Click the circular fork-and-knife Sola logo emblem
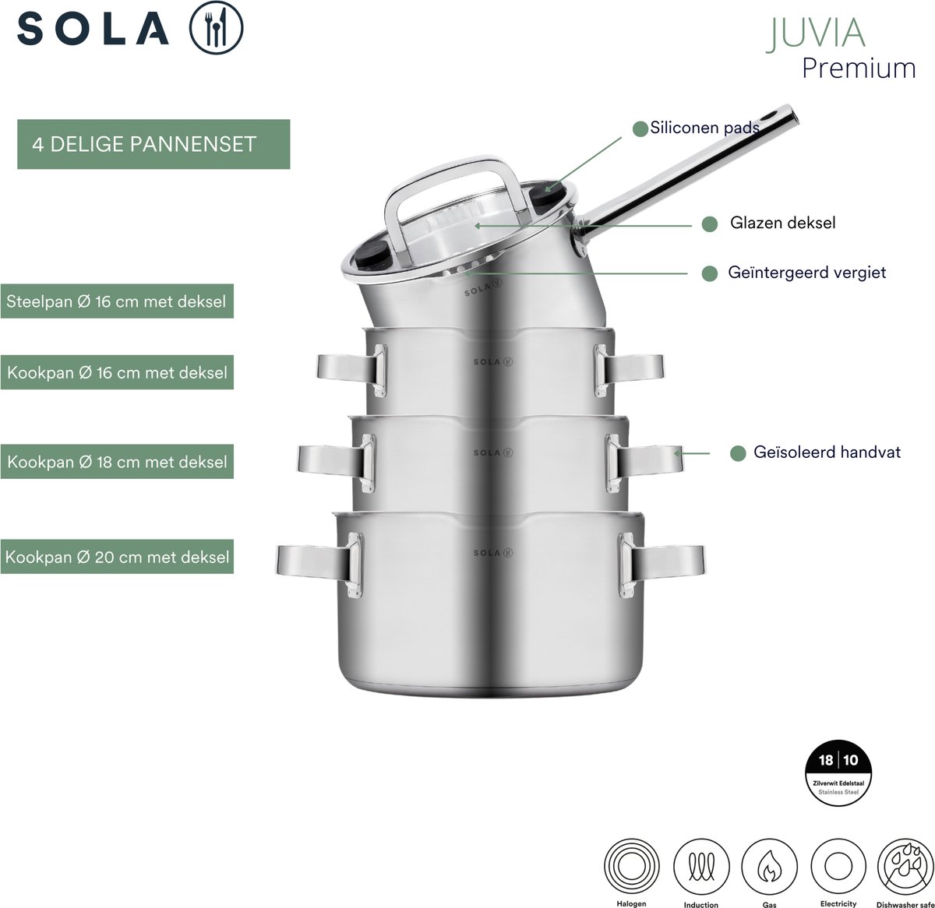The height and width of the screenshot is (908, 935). point(216,27)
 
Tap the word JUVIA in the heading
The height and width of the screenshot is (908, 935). point(815,33)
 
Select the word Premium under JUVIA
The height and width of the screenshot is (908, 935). point(859,69)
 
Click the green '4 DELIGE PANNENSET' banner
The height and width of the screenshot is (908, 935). point(153,144)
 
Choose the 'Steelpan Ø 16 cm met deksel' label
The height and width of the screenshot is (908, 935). point(117,301)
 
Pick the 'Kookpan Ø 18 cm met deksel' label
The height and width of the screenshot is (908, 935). point(117,462)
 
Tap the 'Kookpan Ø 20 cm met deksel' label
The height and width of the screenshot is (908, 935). point(117,557)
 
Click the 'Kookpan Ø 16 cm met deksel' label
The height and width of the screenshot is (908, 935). point(117,372)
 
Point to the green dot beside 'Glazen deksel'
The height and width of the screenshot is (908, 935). point(709,223)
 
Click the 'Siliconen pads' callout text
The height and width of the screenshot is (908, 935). point(704,128)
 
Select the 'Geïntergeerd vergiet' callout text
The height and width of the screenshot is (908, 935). point(806,273)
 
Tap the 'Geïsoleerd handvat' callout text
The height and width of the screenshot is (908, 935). point(827,452)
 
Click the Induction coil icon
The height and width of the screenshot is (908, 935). point(701,867)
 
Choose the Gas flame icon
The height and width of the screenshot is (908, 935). point(769,867)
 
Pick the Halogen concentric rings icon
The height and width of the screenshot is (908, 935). point(631,867)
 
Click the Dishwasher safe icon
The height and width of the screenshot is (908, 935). point(905,867)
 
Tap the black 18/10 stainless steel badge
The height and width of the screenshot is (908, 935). point(838,773)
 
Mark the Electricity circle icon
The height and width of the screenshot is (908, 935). point(838,867)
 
